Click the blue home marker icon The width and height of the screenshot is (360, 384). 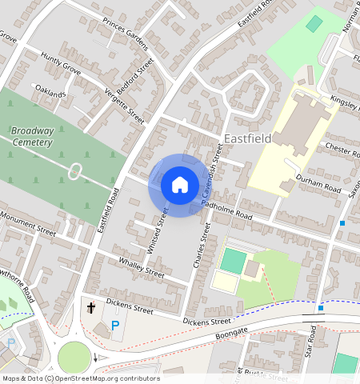[x=180, y=185]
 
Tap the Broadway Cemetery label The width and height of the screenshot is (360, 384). [x=32, y=136]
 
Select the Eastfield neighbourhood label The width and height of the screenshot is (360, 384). [x=247, y=138]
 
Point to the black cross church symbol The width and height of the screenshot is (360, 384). [x=91, y=307]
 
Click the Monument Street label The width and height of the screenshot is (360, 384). [x=27, y=222]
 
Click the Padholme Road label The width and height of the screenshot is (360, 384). [x=227, y=210]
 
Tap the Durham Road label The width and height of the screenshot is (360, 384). [x=318, y=182]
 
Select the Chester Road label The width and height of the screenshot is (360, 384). [x=345, y=150]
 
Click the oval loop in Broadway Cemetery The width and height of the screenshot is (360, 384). [x=76, y=170]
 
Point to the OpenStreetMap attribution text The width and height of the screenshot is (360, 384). [x=80, y=378]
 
